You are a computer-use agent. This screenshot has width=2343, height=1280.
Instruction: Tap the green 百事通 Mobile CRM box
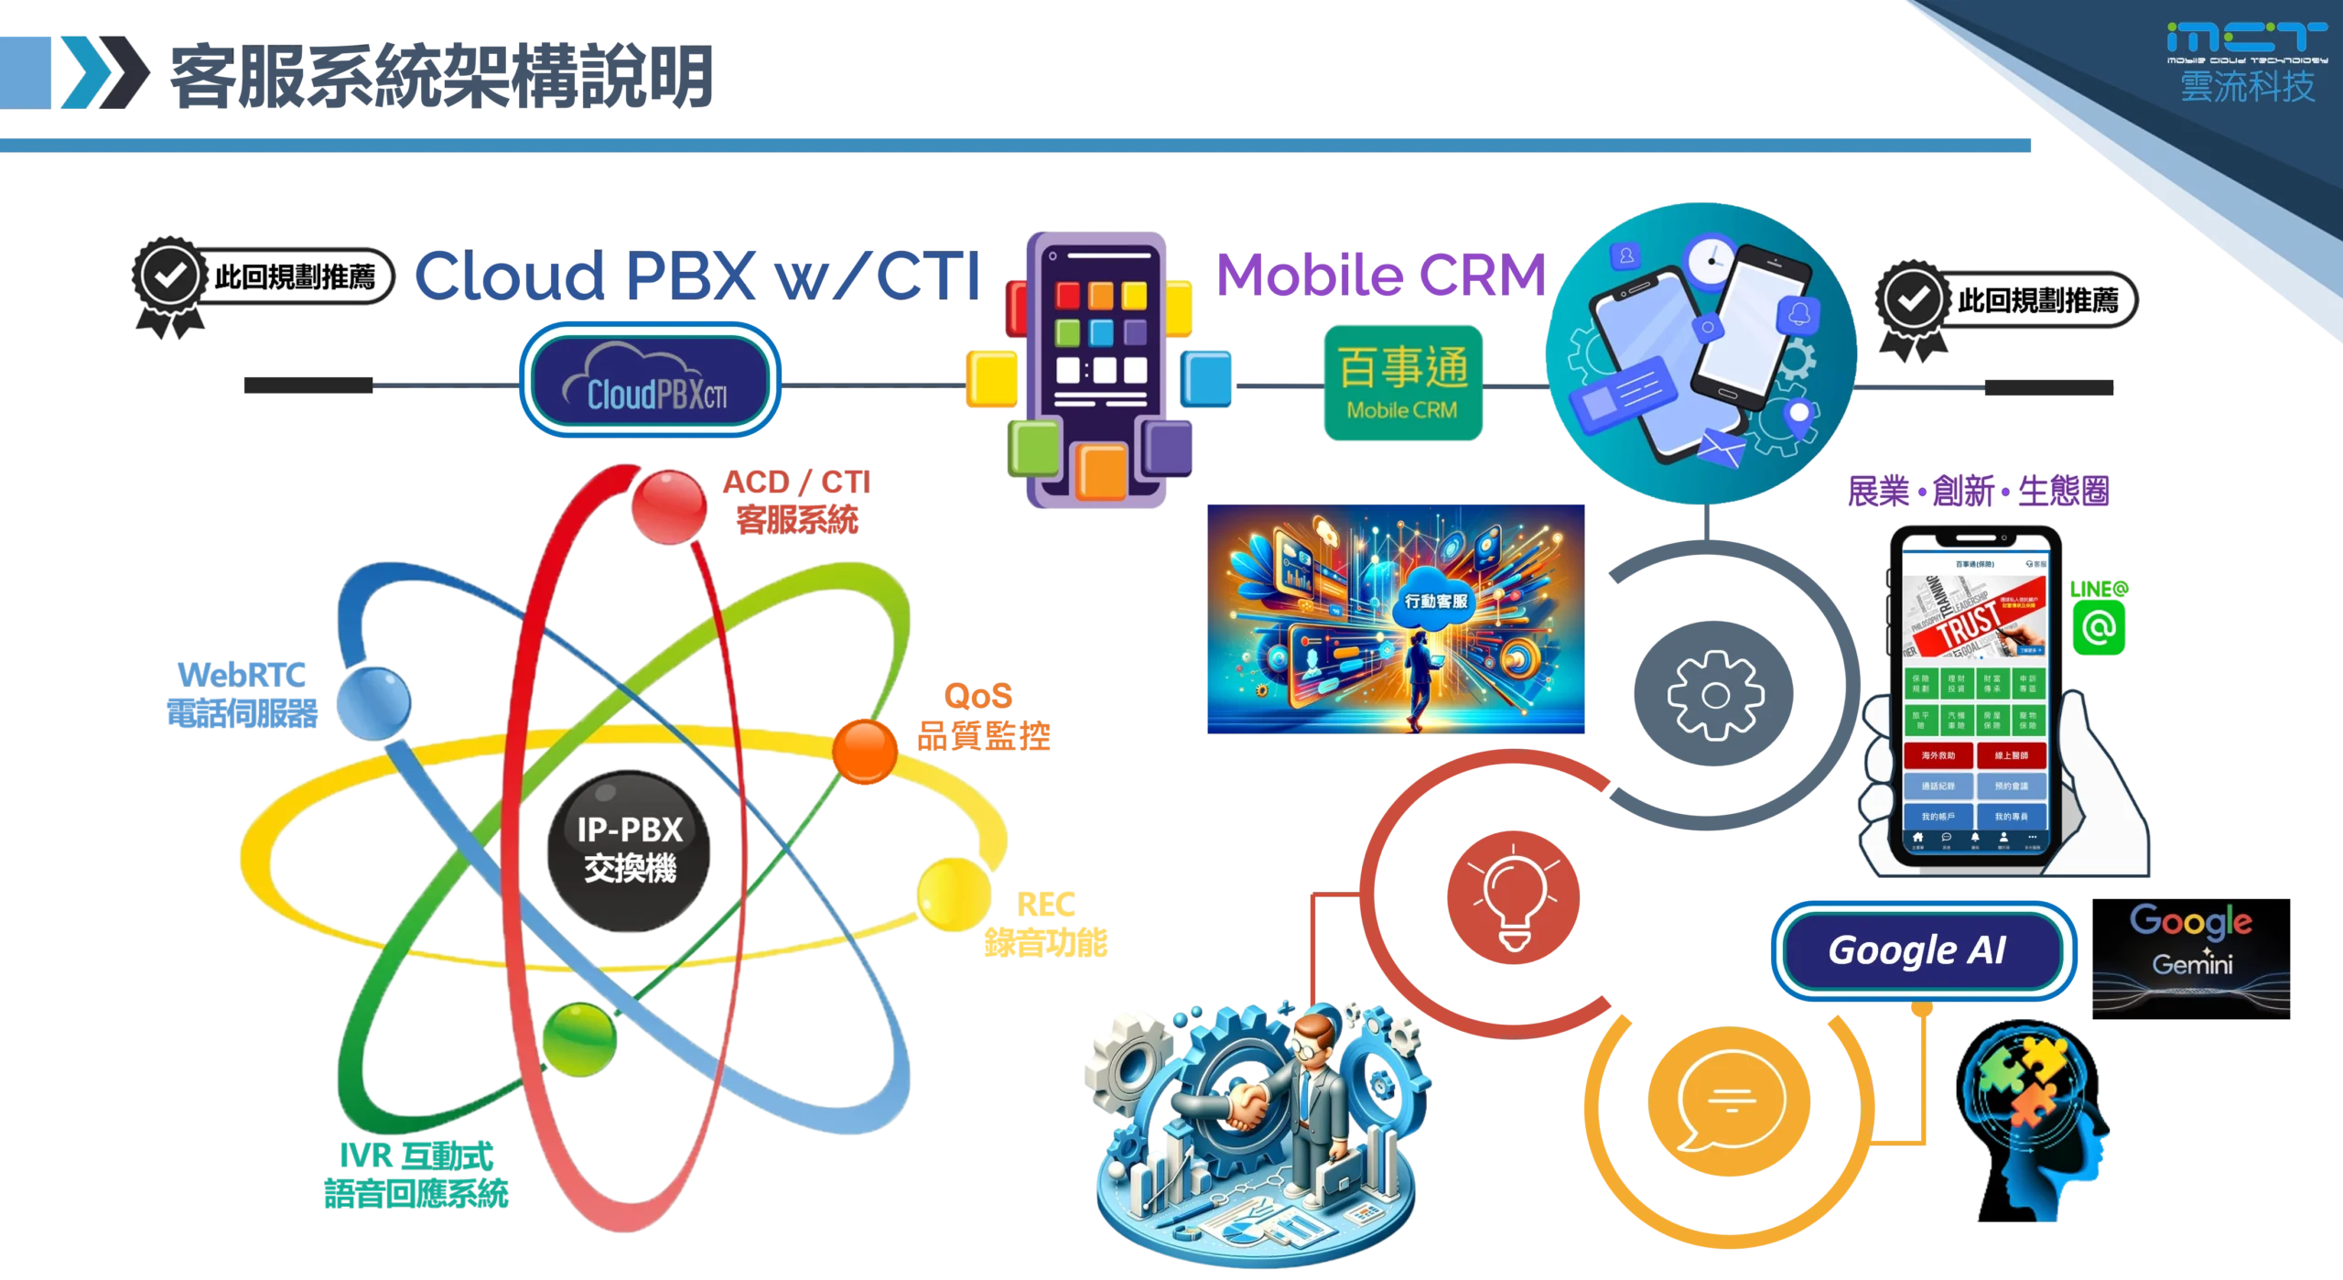(x=1402, y=384)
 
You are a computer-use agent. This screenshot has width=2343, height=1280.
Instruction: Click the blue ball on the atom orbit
(x=373, y=702)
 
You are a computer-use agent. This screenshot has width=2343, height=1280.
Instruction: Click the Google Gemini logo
(x=2190, y=943)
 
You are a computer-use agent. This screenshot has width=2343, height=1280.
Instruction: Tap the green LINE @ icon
(x=2099, y=626)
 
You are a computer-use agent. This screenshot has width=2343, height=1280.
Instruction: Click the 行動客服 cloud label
(x=1436, y=601)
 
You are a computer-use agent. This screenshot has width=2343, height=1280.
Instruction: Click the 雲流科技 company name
(x=2247, y=87)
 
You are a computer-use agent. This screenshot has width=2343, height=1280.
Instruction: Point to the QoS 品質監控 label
(x=983, y=716)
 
